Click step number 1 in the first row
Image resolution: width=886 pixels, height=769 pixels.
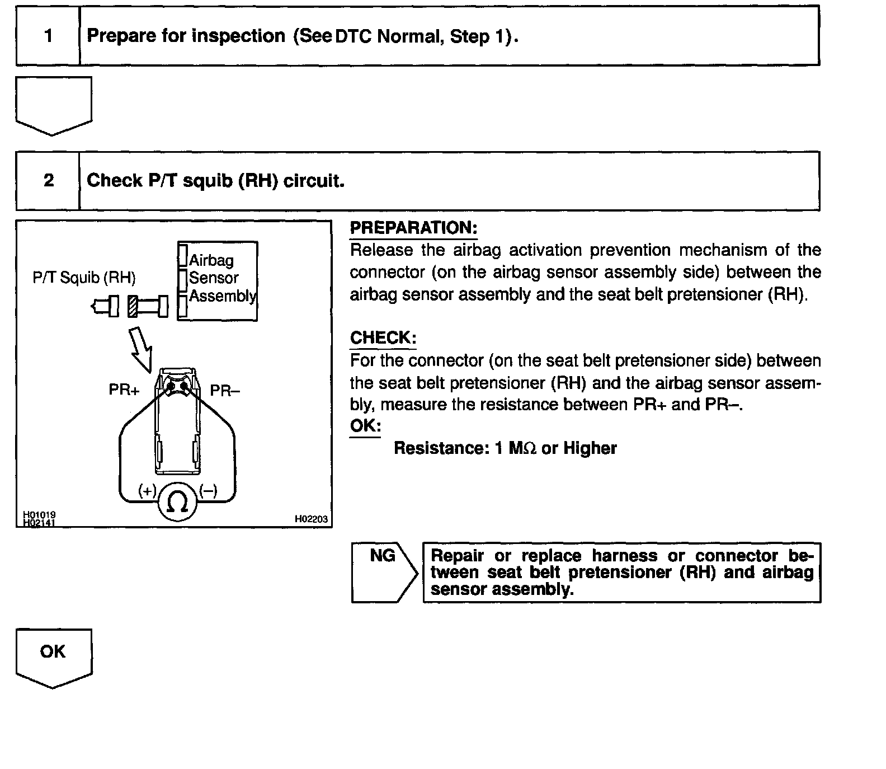coord(49,36)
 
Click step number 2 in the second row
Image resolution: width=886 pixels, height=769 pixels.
coord(49,180)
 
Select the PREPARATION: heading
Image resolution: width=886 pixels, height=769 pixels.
coord(413,228)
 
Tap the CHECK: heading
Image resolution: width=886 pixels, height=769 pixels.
coord(383,338)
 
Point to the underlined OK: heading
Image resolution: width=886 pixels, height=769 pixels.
coord(365,426)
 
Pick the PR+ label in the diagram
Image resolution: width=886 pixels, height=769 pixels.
coord(124,390)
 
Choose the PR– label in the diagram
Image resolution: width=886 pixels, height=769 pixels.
coord(225,390)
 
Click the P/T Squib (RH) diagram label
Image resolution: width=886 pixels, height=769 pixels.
coord(84,278)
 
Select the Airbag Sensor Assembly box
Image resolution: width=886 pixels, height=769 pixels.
coord(218,280)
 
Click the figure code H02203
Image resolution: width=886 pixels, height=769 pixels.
coord(311,519)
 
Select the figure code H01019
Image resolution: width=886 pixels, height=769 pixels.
coord(39,514)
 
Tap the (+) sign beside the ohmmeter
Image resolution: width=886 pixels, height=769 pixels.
coord(148,491)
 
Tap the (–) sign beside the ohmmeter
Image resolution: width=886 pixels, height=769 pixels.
coord(208,491)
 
